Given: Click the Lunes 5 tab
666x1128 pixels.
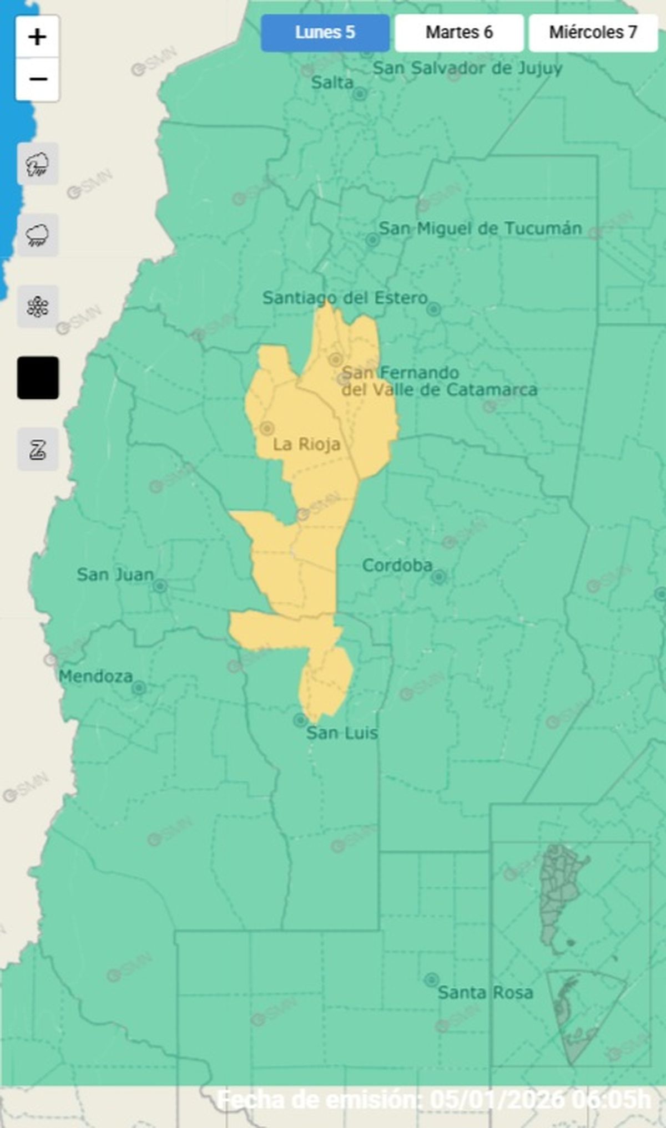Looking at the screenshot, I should click(x=325, y=33).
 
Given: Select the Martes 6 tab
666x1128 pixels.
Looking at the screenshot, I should click(x=459, y=33).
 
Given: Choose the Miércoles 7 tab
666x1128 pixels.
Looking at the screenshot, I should click(x=593, y=33).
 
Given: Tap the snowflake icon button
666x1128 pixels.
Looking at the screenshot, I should click(x=38, y=307).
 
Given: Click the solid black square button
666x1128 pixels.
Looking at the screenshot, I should click(x=38, y=378).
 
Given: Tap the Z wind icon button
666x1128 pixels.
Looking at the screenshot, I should click(x=38, y=449).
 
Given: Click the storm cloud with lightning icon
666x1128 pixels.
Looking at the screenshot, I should click(x=38, y=164).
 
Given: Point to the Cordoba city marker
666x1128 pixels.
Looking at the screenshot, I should click(x=438, y=577).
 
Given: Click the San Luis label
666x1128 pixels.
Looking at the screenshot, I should click(x=342, y=733).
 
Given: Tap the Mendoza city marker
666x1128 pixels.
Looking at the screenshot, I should click(x=139, y=688).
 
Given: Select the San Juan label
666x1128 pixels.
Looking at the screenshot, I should click(x=115, y=575).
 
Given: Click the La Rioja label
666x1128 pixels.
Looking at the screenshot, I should click(x=306, y=444).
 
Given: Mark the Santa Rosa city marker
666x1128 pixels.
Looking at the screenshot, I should click(x=431, y=979).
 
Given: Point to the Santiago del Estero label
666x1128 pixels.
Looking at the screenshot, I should click(x=345, y=298).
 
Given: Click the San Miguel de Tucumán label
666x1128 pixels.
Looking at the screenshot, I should click(x=480, y=228).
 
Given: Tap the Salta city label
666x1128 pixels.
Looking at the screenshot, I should click(x=332, y=83).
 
